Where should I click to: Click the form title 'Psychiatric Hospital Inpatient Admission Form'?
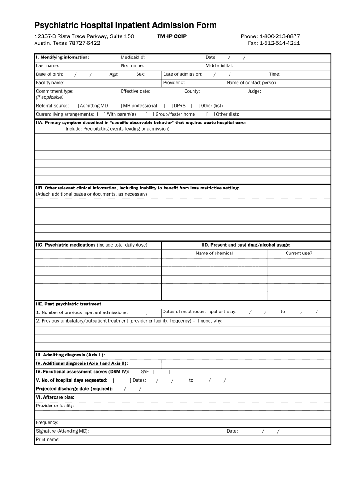tap(125, 25)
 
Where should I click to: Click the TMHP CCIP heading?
tap(172, 36)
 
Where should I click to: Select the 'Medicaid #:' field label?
tap(133, 58)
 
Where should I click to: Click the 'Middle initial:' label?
tap(219, 66)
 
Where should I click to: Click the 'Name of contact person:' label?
tap(252, 83)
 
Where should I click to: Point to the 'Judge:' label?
tap(254, 91)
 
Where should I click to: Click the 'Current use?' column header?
tap(299, 254)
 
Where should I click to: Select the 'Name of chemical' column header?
tap(214, 254)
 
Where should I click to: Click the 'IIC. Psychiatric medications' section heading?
tap(66, 245)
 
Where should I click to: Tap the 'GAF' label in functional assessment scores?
tap(144, 372)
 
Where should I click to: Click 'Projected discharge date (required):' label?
tap(74, 389)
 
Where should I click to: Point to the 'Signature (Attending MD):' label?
tap(62, 431)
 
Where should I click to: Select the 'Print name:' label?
tap(48, 440)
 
